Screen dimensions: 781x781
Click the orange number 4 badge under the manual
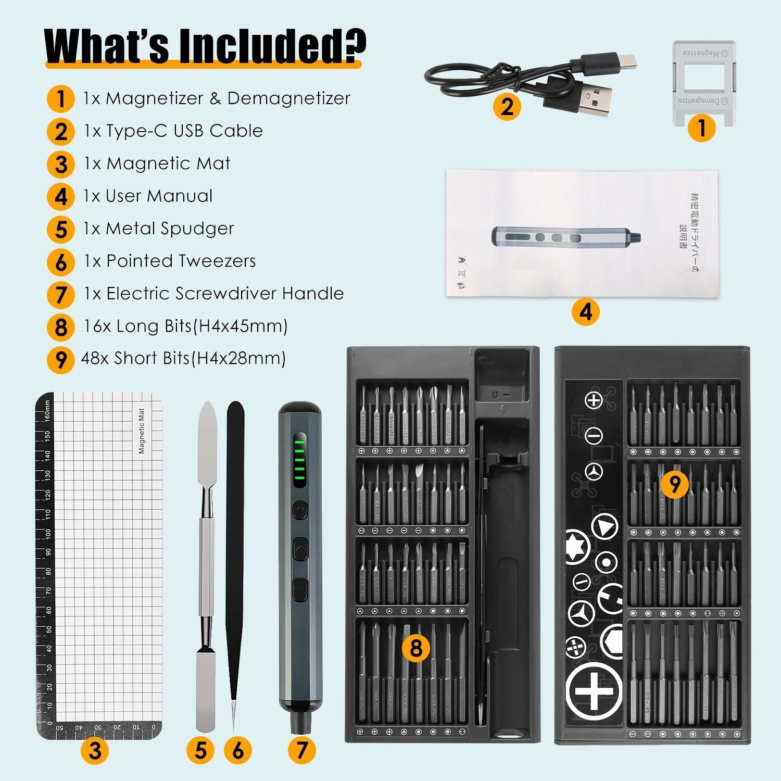[x=585, y=312]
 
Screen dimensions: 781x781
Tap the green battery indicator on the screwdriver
[x=299, y=461]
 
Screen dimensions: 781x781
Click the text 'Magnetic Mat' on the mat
[x=142, y=431]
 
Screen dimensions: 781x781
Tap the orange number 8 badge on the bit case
[x=415, y=648]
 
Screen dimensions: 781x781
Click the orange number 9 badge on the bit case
[x=674, y=484]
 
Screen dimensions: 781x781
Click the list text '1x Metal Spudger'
[x=159, y=229]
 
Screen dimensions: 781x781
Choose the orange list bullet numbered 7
[x=61, y=294]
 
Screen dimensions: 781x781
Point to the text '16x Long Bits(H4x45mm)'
[x=185, y=326]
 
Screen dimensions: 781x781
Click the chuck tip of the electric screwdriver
[x=299, y=721]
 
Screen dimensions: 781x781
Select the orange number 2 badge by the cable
[x=507, y=107]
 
